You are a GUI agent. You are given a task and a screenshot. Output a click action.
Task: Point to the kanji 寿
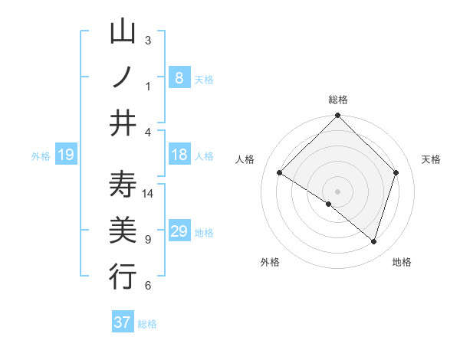123,185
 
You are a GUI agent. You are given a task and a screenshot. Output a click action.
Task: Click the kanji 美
123,231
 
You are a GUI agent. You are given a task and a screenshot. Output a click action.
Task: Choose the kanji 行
123,277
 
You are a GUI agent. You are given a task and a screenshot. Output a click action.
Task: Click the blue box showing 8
179,77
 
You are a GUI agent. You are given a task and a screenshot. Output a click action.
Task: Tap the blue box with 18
179,155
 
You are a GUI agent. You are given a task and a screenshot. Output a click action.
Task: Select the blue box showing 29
179,231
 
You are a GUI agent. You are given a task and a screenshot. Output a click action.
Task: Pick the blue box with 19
65,155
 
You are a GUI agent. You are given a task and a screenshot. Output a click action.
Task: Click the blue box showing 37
123,322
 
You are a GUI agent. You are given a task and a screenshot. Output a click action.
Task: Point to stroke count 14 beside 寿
148,194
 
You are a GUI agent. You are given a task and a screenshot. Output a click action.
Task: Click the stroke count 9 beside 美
148,240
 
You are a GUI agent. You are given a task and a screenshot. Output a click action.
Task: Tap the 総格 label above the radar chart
338,100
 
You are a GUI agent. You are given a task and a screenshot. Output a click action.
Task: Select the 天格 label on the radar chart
431,159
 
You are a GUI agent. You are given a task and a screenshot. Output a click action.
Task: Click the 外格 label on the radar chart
270,262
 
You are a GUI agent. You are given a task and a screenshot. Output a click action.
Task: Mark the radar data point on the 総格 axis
338,116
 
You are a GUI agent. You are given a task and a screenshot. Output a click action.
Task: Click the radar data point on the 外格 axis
329,204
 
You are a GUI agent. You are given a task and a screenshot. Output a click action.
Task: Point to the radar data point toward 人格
280,173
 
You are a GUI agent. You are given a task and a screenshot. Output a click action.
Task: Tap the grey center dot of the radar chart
338,191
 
